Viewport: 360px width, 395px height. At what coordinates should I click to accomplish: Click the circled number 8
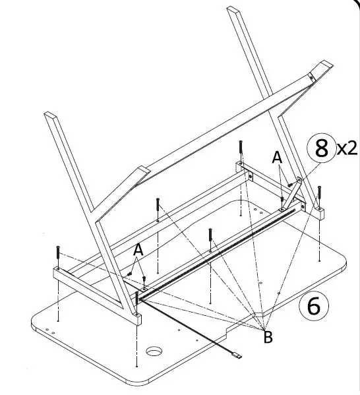pos(321,148)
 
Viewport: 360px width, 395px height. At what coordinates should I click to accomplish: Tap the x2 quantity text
pos(347,148)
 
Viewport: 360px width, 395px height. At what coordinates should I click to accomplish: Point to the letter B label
pos(267,338)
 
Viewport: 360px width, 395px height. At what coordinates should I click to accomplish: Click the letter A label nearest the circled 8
pos(278,158)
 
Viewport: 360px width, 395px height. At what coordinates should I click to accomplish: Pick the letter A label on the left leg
pos(138,250)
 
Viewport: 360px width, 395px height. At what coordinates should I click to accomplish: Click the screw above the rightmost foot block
pos(319,193)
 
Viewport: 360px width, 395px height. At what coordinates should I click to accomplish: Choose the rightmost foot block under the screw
pos(320,213)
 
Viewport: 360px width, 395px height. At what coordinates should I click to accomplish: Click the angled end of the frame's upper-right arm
pos(325,67)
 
